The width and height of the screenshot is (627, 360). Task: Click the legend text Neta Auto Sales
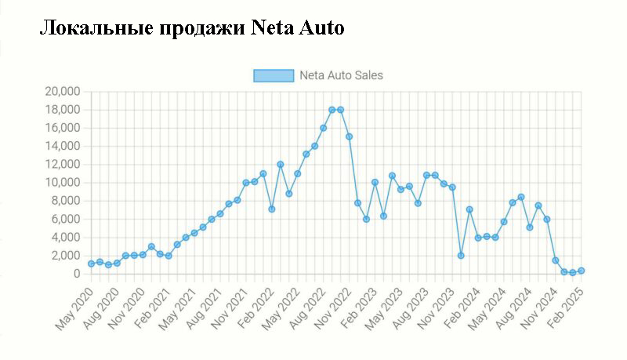point(341,75)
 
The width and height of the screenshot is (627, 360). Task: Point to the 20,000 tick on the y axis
point(63,92)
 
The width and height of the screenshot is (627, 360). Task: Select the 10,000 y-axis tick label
point(63,183)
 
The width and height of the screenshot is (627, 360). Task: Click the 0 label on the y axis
point(77,274)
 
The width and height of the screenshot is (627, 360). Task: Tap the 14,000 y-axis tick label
point(63,146)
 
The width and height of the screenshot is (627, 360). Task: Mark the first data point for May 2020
point(92,264)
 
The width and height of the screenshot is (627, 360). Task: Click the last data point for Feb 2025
point(582,271)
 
